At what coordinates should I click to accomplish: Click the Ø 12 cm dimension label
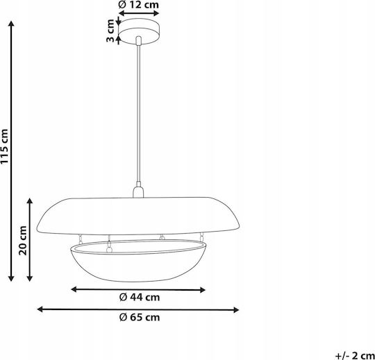[139, 5]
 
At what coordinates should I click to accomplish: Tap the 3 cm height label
[110, 31]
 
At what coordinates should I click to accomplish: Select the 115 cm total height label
[5, 146]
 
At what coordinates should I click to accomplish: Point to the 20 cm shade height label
[23, 240]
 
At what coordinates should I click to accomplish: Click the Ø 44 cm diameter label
[140, 298]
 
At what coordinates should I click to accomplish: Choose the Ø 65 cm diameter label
[140, 318]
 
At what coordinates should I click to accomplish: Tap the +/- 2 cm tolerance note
[355, 356]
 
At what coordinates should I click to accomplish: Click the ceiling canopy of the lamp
[139, 31]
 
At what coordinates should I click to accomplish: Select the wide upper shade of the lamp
[138, 216]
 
